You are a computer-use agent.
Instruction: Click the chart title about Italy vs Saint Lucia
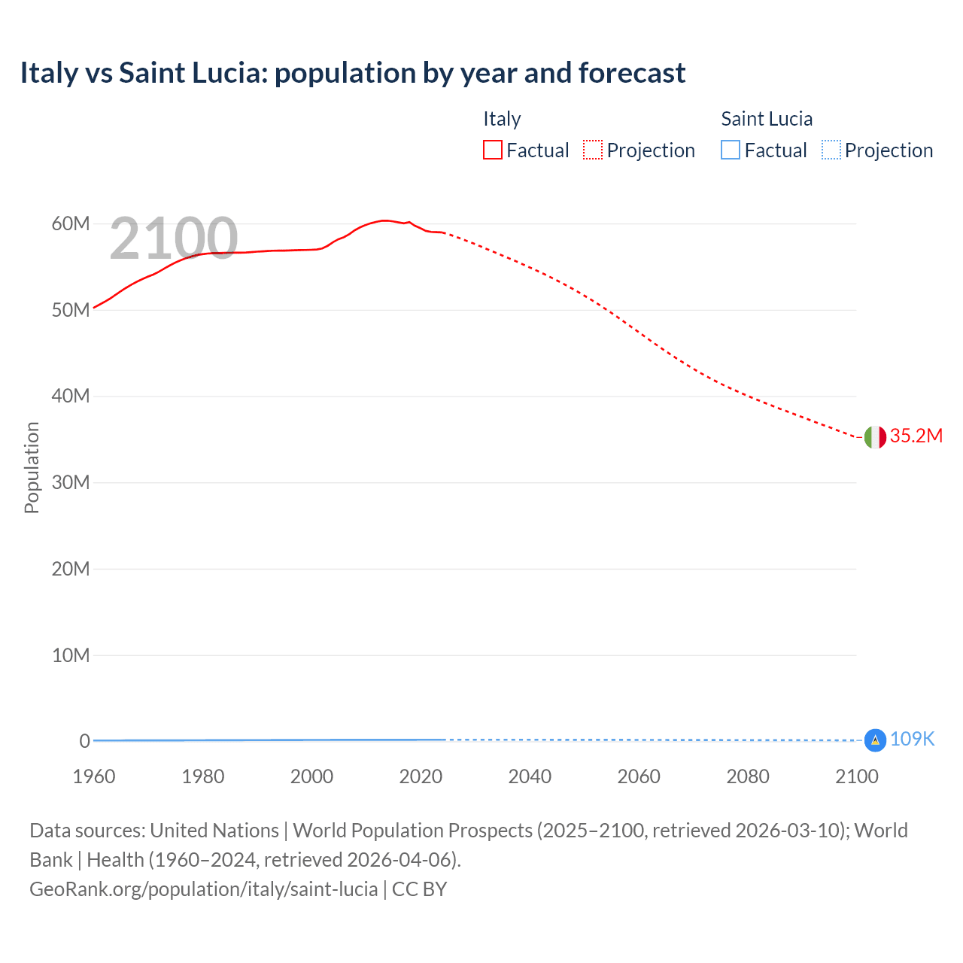352,73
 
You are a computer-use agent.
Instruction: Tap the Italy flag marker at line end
875,436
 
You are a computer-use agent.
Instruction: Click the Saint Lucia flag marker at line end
875,740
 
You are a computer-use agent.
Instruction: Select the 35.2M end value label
916,436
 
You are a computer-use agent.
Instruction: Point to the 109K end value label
912,740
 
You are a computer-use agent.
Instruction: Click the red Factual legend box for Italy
493,150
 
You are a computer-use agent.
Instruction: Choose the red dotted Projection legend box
593,150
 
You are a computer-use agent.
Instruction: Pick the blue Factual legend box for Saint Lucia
731,150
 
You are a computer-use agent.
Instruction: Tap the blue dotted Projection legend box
831,150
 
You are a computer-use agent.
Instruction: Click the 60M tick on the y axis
71,224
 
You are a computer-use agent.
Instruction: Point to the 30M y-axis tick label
71,482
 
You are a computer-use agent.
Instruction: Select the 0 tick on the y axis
84,741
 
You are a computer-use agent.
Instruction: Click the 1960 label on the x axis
94,776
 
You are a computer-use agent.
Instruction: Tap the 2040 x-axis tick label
530,776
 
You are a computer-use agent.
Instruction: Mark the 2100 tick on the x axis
856,776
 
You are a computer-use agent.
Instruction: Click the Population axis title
32,467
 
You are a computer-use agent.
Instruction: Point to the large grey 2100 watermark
174,238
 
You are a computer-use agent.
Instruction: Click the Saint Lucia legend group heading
767,119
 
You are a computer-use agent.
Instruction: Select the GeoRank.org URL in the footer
203,889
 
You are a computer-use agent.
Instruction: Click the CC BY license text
420,889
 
